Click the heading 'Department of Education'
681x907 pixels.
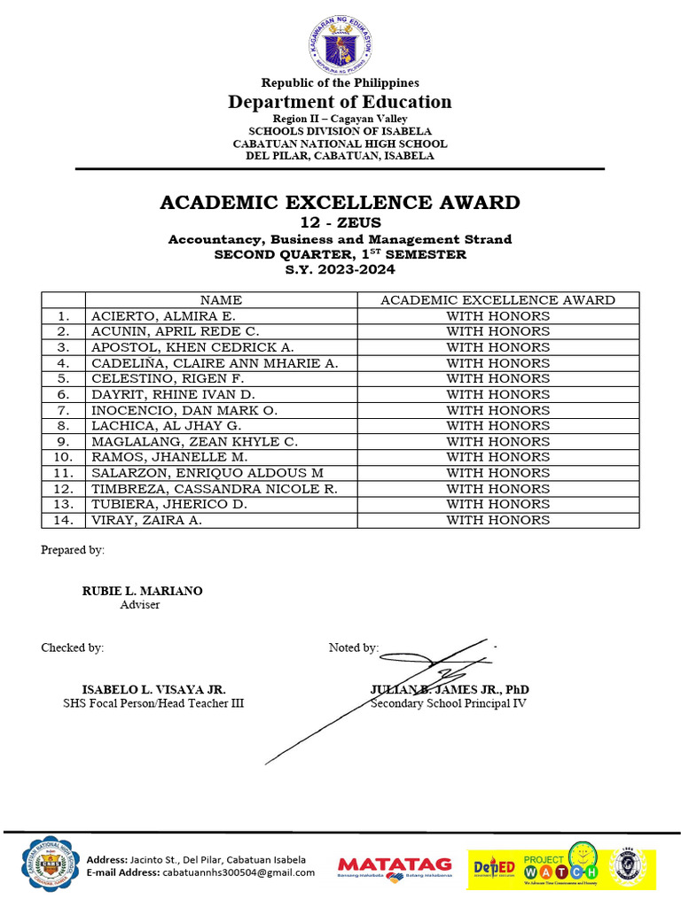[x=340, y=102]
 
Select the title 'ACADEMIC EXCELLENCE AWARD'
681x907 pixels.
[x=340, y=202]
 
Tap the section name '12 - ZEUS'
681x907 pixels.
[x=340, y=223]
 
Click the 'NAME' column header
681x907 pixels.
[x=221, y=300]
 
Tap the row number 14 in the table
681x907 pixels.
[x=63, y=520]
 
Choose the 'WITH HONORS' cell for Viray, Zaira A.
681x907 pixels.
[x=497, y=520]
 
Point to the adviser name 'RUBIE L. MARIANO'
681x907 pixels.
[x=142, y=592]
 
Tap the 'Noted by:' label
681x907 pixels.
[x=353, y=647]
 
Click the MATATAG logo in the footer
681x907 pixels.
[x=395, y=865]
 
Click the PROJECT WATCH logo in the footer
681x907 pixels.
[x=560, y=865]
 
